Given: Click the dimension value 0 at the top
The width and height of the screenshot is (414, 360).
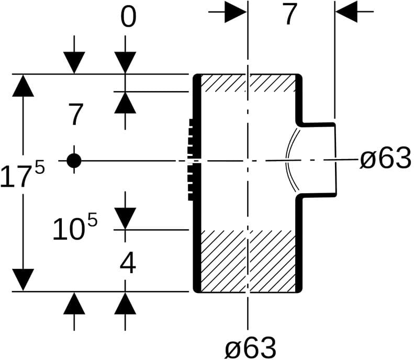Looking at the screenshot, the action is coord(128,17).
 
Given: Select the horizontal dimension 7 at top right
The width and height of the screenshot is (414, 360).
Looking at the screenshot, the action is coord(289,14).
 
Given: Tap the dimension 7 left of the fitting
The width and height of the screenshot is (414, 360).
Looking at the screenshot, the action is coord(76,114).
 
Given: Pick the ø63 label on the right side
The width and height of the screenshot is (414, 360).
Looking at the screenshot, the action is coord(386,159).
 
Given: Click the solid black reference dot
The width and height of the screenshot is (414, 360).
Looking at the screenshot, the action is coord(74,161).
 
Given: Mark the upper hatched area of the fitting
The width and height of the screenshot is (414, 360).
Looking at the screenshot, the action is coord(248,83).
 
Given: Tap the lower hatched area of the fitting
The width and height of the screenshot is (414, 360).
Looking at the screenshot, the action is coord(248,261).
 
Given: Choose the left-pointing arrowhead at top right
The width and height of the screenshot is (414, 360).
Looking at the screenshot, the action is coord(346,12).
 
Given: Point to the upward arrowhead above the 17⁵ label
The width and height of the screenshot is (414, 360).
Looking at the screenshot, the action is coord(23,85).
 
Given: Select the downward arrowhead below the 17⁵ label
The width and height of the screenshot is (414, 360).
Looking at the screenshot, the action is coord(23,280).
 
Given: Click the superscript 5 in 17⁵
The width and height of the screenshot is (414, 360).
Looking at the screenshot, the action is coord(40,167).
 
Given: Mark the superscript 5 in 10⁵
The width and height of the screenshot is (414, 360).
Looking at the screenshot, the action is coord(93,219).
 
